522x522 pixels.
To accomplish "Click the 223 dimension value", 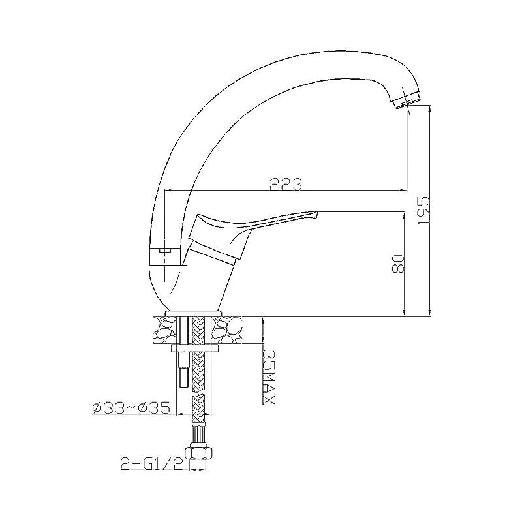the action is pos(285,184).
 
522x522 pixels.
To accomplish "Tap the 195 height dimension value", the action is pos(423,210).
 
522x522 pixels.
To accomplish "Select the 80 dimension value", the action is pos(398,264).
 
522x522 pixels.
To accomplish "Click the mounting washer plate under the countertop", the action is pos(194,348).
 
